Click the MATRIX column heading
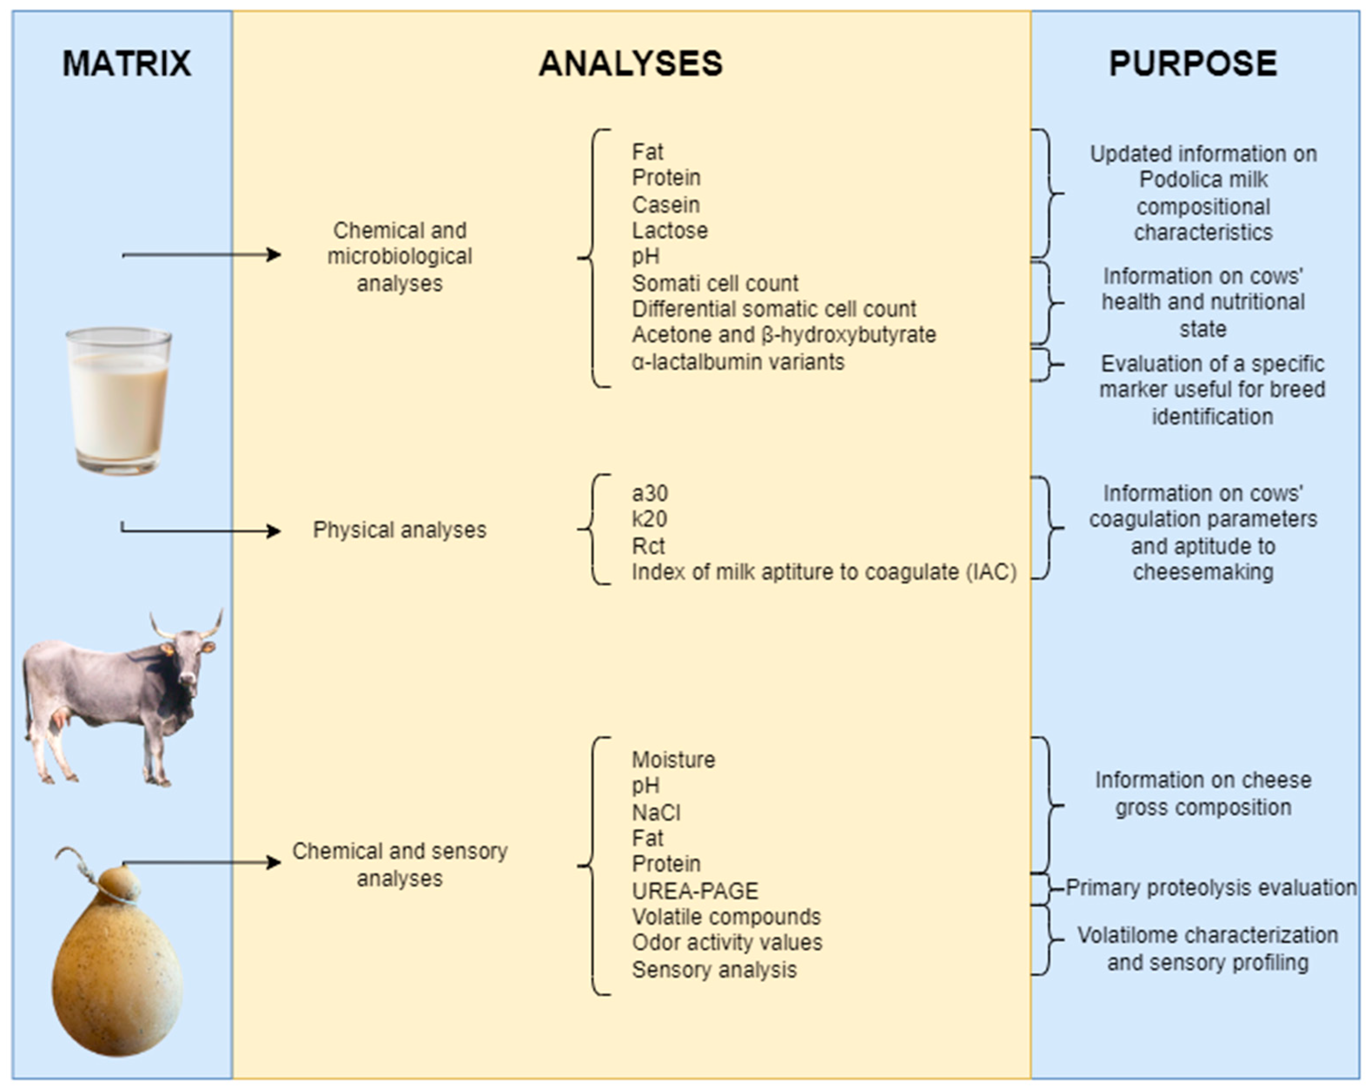click(x=126, y=63)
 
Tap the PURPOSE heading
click(x=1193, y=63)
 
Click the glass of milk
click(x=119, y=401)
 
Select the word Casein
click(x=666, y=205)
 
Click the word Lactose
click(x=670, y=230)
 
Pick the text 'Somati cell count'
click(x=715, y=283)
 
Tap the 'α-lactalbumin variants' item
click(x=738, y=362)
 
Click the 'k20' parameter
click(x=649, y=519)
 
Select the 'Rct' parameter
click(x=648, y=545)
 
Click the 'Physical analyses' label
click(x=400, y=530)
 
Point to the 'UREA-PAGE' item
click(x=695, y=891)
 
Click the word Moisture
click(x=674, y=759)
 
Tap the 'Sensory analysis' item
click(x=714, y=969)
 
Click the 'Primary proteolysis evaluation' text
click(x=1211, y=887)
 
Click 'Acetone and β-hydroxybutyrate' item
click(x=783, y=334)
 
